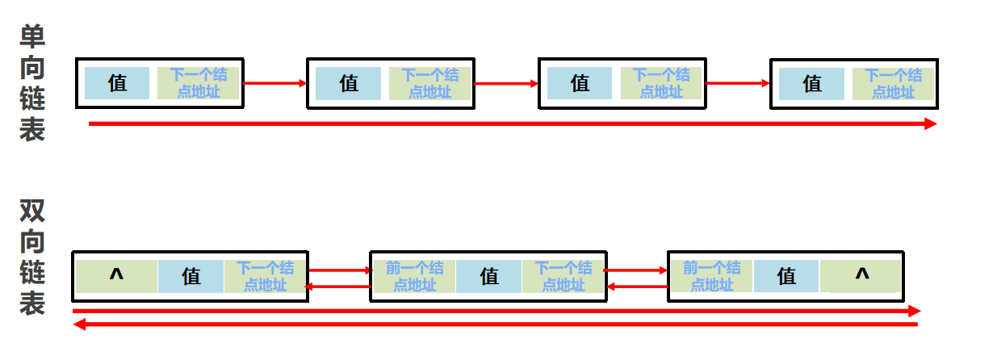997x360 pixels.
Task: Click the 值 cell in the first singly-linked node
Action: [117, 83]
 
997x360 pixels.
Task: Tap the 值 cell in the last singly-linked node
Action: [811, 83]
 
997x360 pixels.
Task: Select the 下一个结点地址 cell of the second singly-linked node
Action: [429, 83]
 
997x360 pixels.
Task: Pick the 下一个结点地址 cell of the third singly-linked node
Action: [661, 83]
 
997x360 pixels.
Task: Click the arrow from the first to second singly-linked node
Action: [274, 83]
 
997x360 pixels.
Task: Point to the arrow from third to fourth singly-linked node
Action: [738, 83]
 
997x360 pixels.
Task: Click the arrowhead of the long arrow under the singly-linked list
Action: [931, 123]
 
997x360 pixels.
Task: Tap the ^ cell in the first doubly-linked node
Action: [116, 277]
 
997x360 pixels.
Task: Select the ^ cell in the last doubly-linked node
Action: [861, 276]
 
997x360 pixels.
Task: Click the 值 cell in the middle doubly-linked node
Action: [489, 277]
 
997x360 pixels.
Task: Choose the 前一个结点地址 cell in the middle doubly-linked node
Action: [414, 276]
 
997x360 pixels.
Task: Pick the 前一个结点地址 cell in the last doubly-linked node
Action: [711, 276]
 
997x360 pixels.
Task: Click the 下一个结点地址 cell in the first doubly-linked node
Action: [265, 276]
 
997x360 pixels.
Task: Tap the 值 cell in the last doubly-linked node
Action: [786, 276]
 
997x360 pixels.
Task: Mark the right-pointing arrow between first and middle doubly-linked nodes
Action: [339, 270]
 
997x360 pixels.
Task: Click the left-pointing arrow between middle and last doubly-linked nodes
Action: [637, 286]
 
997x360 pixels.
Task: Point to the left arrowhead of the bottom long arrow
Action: [78, 324]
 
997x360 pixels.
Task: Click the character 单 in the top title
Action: [32, 36]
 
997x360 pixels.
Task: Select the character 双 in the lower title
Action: [32, 211]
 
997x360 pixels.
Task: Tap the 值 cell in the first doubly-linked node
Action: [191, 277]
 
